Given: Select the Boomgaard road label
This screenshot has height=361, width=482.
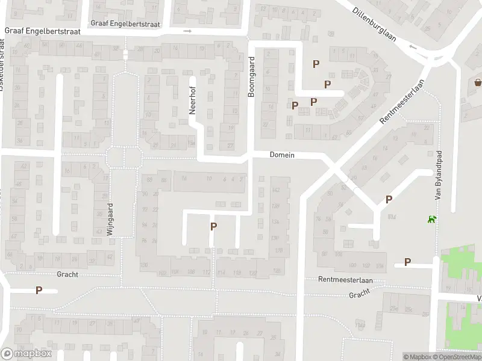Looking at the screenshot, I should [252, 78].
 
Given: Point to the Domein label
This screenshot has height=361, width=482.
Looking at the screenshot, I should [282, 155].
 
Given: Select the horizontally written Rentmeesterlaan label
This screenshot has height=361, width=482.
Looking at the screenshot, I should [346, 280].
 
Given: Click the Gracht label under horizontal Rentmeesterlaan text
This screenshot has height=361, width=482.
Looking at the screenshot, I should [359, 295].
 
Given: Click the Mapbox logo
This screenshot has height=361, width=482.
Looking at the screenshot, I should [27, 353].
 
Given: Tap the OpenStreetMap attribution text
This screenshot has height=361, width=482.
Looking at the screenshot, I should [455, 357].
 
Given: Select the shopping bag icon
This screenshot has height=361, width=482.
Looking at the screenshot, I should [478, 82].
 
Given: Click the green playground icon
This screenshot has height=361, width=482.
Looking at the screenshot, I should [431, 220].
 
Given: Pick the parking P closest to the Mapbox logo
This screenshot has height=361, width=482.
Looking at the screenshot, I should [39, 290].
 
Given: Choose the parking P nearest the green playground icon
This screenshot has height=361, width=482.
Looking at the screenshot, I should [389, 199].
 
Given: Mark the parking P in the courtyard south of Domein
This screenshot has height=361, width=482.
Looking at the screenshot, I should [213, 226].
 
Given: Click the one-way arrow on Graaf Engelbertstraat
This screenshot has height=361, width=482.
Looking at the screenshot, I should [187, 31].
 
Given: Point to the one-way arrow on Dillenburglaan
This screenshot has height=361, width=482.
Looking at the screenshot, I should [413, 46].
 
